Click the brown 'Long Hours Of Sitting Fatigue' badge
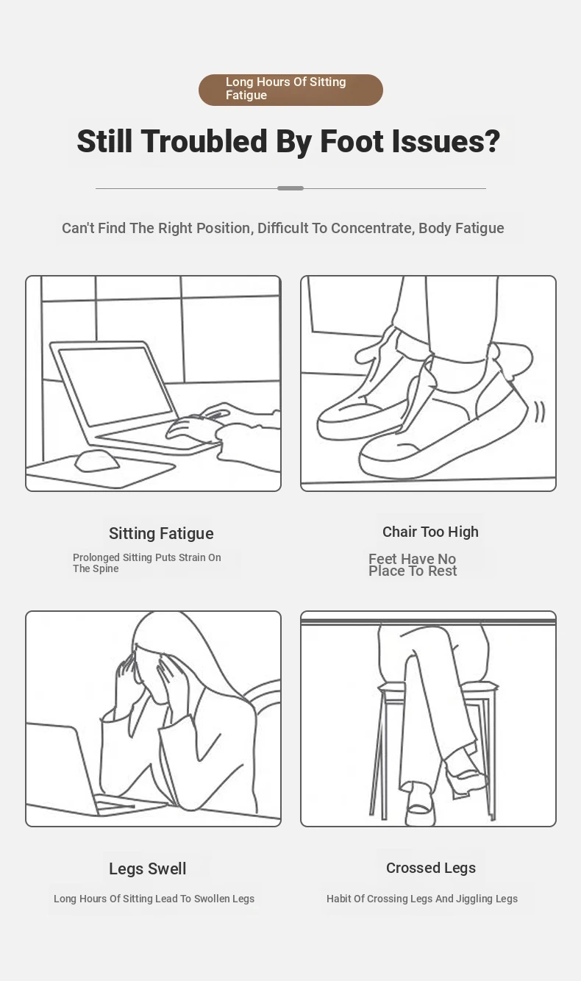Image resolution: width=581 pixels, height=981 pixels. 290,90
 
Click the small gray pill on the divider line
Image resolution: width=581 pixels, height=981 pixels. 290,188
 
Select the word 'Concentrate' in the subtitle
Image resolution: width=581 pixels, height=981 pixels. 371,228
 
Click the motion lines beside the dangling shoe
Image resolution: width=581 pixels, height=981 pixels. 539,411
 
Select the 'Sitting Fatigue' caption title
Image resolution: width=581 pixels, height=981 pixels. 161,533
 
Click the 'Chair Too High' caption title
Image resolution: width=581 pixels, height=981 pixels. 430,532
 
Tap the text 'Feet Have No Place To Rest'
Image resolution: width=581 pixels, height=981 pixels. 413,565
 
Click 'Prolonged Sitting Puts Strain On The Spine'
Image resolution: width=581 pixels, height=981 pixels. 146,563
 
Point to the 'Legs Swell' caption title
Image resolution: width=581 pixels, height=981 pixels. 148,868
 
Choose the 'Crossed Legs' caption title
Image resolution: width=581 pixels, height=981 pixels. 431,868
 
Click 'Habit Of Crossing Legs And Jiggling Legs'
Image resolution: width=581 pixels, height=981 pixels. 422,899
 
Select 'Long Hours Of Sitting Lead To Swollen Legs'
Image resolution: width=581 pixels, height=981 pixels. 154,899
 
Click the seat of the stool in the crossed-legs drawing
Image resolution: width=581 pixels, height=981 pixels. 438,687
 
